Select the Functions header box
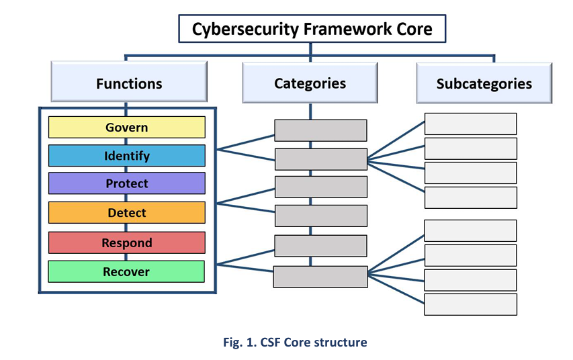coord(128,83)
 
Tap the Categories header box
coord(310,83)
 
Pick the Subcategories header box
coord(484,84)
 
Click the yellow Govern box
coord(126,127)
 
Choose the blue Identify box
coord(126,156)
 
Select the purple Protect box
coord(126,183)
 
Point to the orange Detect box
coord(126,213)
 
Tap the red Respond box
coord(126,242)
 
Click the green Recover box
coord(126,271)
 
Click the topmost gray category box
coord(320,130)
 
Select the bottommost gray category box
coord(320,277)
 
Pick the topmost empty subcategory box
coord(470,124)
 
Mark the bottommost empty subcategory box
coord(470,304)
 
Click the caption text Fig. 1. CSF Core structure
coord(295,343)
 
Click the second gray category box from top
coord(320,159)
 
